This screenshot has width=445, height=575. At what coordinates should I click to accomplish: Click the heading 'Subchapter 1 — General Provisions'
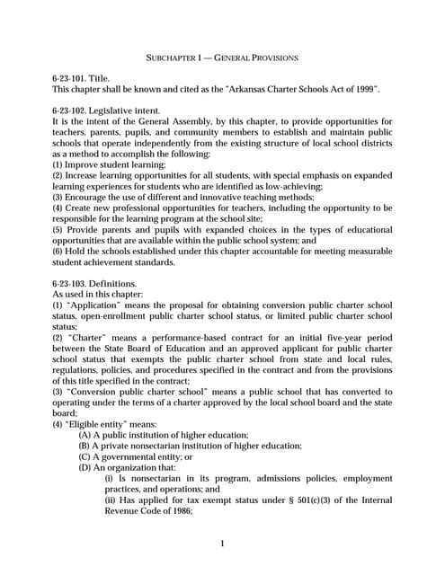(222, 58)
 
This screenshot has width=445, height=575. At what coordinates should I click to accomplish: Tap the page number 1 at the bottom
(222, 544)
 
